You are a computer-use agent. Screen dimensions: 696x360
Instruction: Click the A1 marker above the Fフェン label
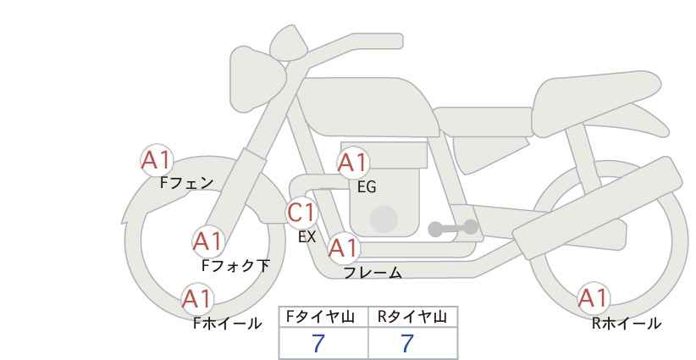pyautogui.click(x=156, y=160)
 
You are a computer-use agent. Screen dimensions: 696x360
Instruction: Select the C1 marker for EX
pyautogui.click(x=301, y=213)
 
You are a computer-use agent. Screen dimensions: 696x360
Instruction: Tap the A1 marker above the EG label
pyautogui.click(x=353, y=163)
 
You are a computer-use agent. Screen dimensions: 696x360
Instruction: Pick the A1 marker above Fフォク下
pyautogui.click(x=208, y=241)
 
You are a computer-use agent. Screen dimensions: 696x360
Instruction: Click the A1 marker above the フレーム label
pyautogui.click(x=344, y=248)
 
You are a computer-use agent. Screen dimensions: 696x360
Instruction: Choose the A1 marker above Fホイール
pyautogui.click(x=197, y=299)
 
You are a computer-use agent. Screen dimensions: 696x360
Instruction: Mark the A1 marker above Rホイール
pyautogui.click(x=593, y=298)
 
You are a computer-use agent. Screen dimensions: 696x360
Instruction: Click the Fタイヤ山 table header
pyautogui.click(x=320, y=317)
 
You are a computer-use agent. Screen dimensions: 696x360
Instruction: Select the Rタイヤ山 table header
pyautogui.click(x=412, y=317)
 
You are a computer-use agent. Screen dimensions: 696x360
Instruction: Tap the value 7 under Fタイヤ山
pyautogui.click(x=318, y=343)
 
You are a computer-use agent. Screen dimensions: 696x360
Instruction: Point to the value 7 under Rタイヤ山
pyautogui.click(x=407, y=343)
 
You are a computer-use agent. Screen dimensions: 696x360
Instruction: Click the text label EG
pyautogui.click(x=367, y=187)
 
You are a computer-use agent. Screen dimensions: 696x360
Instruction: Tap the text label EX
pyautogui.click(x=307, y=237)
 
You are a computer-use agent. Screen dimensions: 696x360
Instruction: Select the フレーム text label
pyautogui.click(x=373, y=273)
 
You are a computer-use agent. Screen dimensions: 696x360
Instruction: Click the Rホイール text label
pyautogui.click(x=627, y=324)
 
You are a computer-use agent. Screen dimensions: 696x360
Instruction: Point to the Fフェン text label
pyautogui.click(x=187, y=183)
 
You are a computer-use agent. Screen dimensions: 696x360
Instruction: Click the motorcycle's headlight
pyautogui.click(x=257, y=79)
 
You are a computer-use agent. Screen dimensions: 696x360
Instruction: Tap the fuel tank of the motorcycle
pyautogui.click(x=367, y=107)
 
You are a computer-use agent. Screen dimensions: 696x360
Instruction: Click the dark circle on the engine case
pyautogui.click(x=384, y=219)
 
